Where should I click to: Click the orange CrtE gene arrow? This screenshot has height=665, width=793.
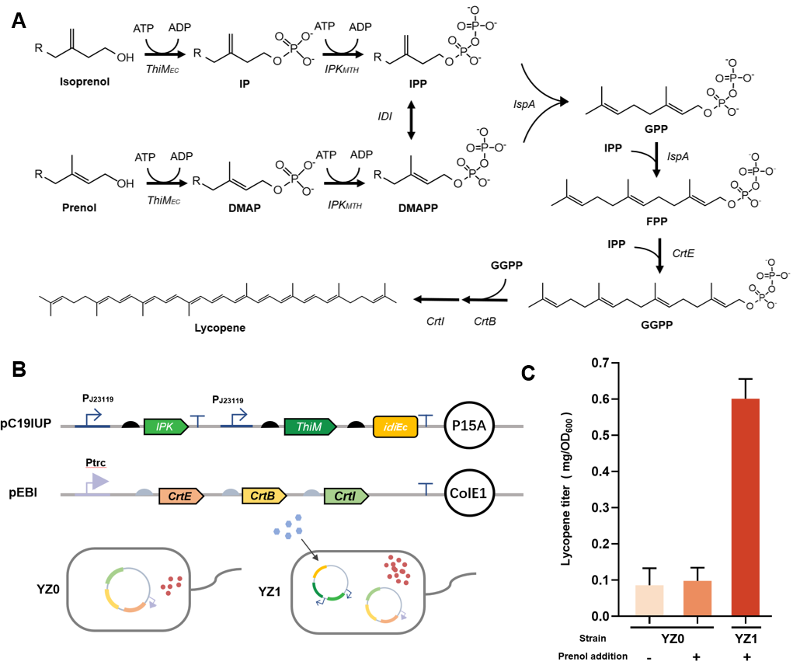point(180,494)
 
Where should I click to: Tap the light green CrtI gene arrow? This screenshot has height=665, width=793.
point(346,494)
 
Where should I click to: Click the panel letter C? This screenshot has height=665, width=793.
point(527,374)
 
